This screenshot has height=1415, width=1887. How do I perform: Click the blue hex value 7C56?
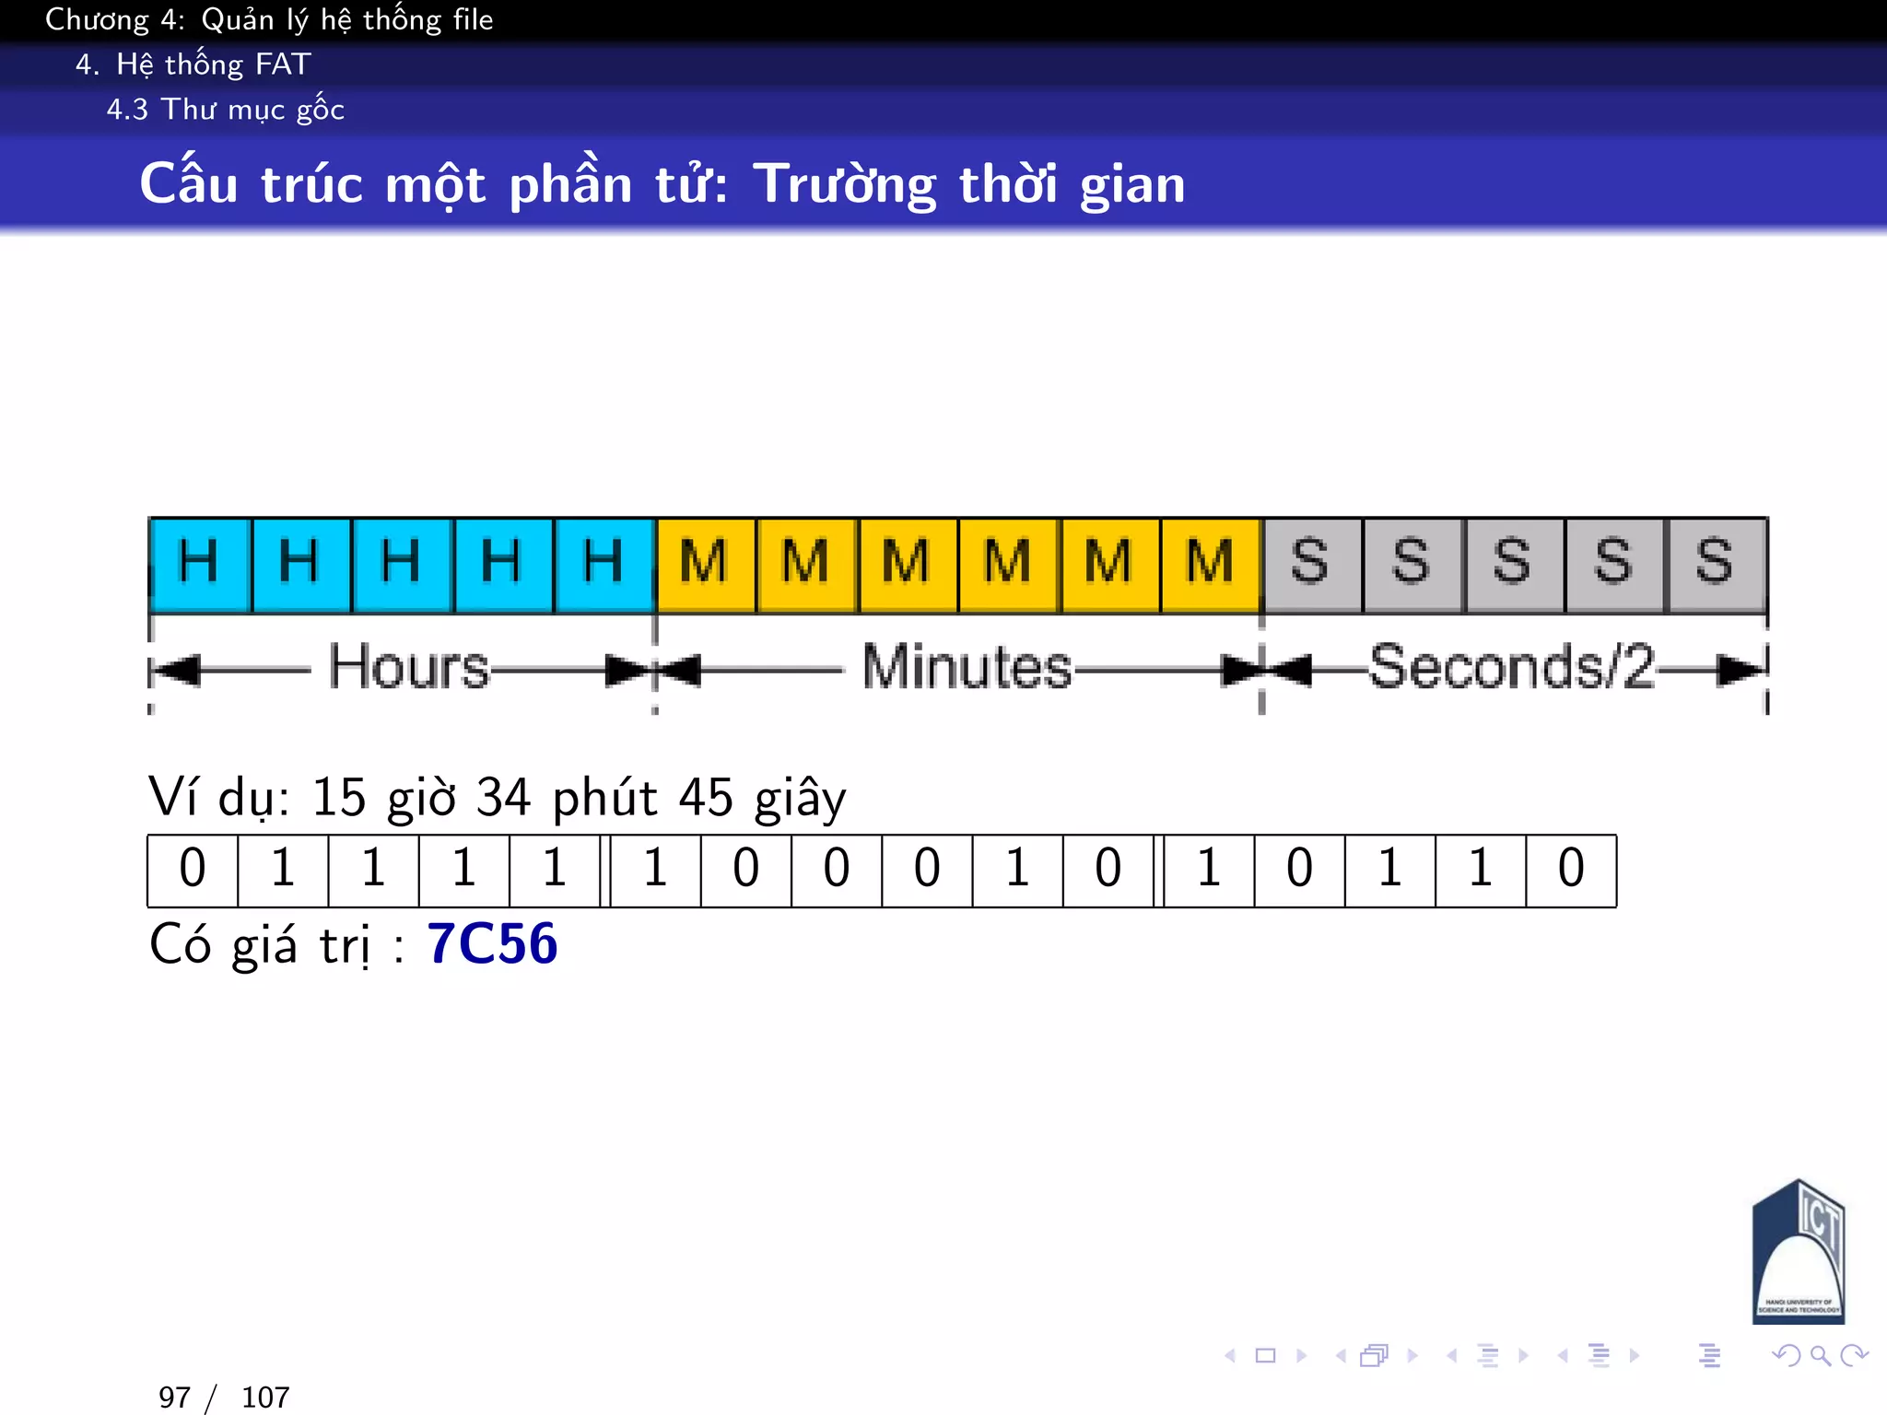coord(492,944)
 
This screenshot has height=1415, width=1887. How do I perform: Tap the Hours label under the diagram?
coord(409,667)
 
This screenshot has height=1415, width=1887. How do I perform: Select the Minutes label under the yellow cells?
coord(967,667)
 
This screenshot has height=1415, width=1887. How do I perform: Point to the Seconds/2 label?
coord(1511,667)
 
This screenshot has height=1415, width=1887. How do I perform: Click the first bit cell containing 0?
coord(193,870)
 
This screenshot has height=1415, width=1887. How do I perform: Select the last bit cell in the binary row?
coord(1571,870)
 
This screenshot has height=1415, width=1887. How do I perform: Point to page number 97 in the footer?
coord(174,1397)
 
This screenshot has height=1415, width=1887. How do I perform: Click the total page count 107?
coord(265,1397)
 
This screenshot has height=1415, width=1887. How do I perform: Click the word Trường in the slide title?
coord(845,184)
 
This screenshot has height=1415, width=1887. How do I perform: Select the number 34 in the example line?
coord(503,798)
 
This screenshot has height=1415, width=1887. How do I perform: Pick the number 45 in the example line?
coord(706,798)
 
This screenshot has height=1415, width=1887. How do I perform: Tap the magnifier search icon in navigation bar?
coord(1820,1355)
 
